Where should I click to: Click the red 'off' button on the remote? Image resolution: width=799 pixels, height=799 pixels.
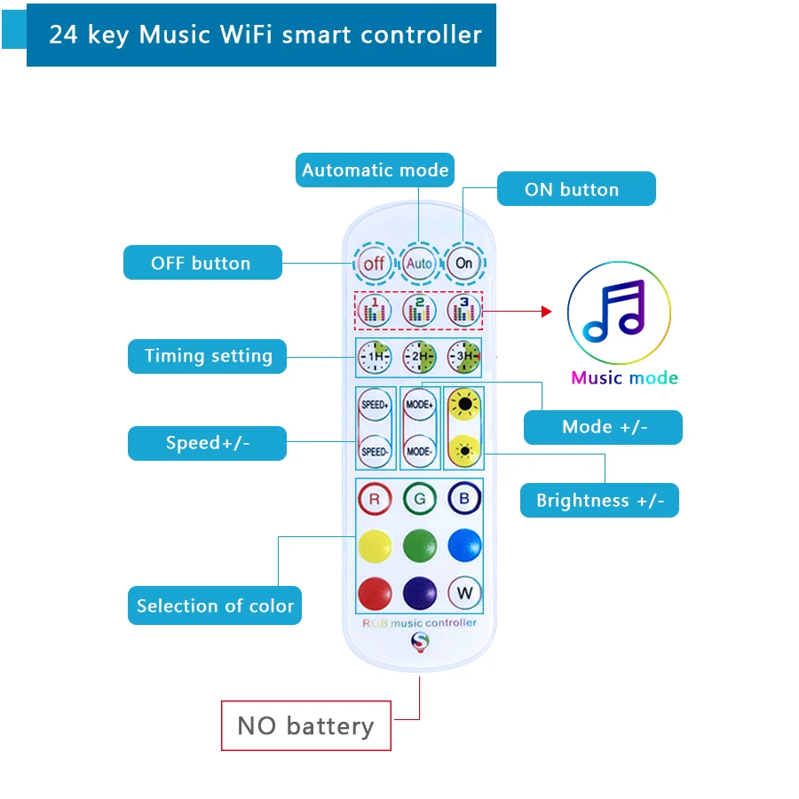coord(374,263)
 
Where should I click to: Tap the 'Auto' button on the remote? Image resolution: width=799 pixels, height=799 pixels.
coord(419,263)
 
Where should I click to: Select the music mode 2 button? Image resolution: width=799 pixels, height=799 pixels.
coord(419,310)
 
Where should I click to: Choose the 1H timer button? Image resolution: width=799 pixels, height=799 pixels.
coord(374,357)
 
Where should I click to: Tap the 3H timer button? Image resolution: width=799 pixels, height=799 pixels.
coord(463,357)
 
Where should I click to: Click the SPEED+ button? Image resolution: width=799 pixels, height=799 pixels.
coord(375,405)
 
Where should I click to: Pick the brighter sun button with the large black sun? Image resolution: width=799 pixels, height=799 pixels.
coord(463,405)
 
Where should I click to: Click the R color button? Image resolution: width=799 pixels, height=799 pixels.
coord(375,499)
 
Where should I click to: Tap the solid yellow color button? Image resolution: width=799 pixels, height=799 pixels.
coord(375,545)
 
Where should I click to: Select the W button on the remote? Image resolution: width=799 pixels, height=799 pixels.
coord(463,591)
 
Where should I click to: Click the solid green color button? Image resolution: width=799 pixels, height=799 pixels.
coord(420,545)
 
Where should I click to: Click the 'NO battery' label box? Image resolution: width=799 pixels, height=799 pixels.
coord(305,726)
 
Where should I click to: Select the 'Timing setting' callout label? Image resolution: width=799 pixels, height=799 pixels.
coord(208,356)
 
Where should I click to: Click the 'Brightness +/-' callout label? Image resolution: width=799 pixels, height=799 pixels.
coord(600,500)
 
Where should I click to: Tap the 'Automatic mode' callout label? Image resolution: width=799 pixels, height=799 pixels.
coord(375,170)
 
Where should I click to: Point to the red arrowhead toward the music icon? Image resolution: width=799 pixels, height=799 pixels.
coord(546,312)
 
